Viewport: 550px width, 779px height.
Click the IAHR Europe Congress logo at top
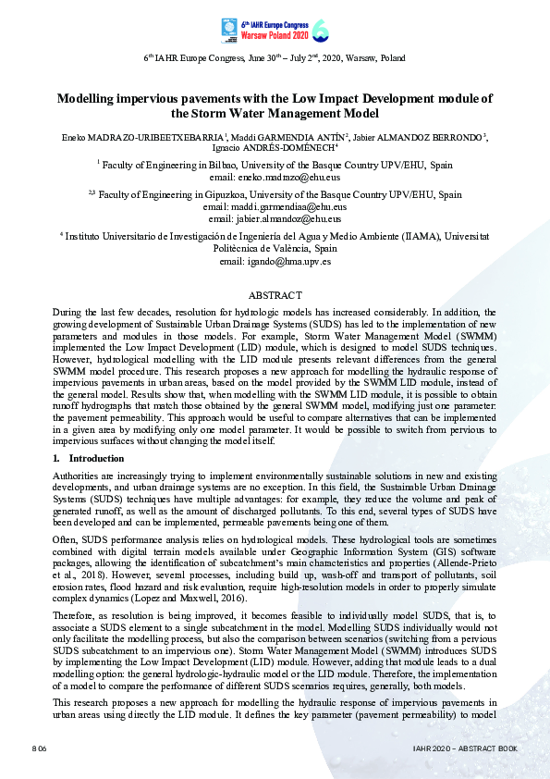pos(275,31)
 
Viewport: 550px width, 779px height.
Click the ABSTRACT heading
pos(275,295)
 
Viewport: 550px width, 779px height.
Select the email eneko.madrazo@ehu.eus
pos(275,176)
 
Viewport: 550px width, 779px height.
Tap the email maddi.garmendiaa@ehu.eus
pos(275,207)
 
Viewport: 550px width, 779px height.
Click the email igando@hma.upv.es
pos(275,261)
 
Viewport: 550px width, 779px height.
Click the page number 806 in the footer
pos(39,746)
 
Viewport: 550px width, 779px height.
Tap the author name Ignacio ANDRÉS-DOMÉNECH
pos(274,147)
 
